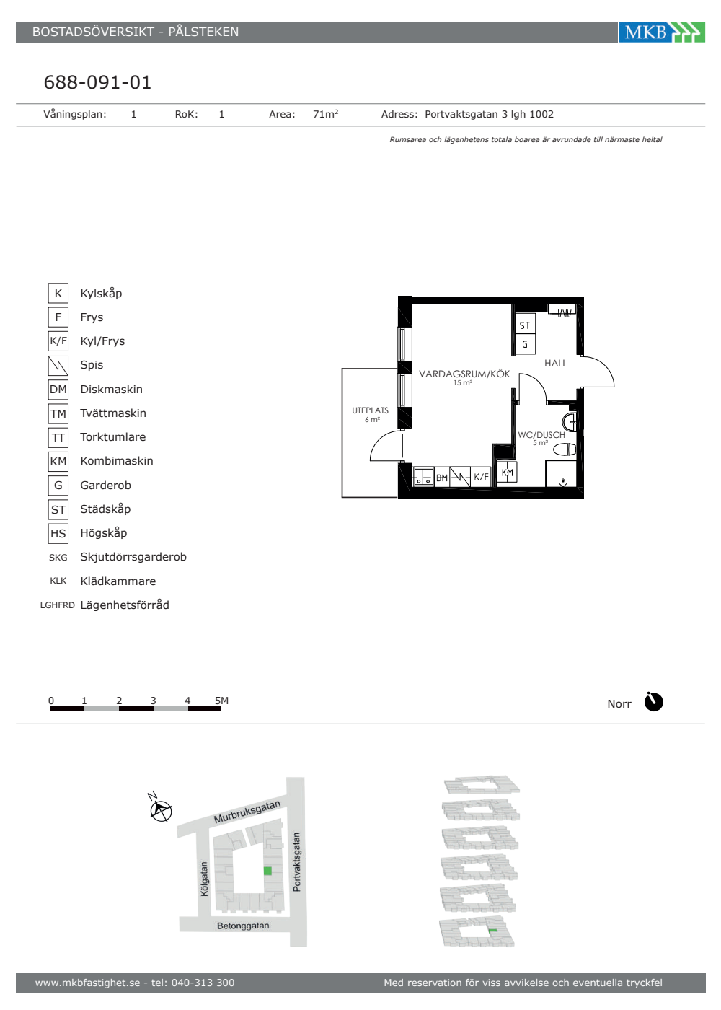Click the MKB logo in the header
662,32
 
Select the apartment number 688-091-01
97,82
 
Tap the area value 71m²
325,114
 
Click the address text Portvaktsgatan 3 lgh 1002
489,114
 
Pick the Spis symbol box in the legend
58,365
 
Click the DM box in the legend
58,390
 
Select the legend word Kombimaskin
117,461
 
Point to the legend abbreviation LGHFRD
57,605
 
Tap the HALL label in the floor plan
555,363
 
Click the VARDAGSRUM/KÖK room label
464,374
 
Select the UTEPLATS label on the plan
370,410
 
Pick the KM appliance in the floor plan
507,472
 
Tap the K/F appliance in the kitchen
481,477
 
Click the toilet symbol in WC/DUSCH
565,449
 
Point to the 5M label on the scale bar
222,701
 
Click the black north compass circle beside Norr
653,702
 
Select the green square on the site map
267,871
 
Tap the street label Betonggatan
243,926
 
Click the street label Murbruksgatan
247,812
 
